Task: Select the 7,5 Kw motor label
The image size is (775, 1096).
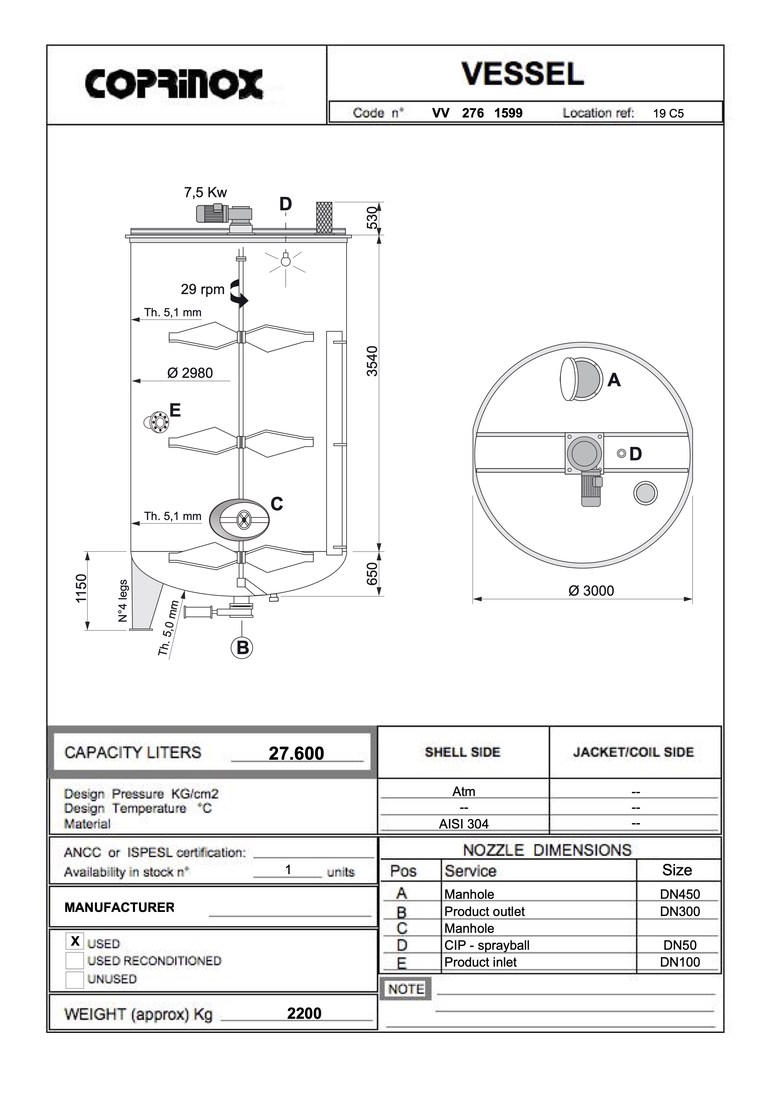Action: (205, 193)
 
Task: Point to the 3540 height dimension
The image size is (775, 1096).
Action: (372, 361)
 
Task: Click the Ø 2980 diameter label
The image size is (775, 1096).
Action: (190, 373)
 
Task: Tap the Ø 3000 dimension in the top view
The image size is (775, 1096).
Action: (591, 591)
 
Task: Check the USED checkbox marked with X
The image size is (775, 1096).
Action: (75, 941)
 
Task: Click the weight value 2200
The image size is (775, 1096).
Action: (304, 1013)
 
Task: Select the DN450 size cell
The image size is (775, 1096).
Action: (680, 894)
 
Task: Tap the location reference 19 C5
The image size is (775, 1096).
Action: (668, 114)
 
